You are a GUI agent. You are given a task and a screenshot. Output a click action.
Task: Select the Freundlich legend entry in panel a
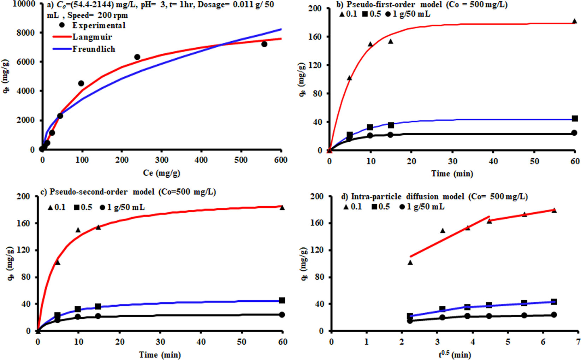click(x=94, y=49)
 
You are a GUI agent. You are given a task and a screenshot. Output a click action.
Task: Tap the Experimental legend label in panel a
click(x=99, y=25)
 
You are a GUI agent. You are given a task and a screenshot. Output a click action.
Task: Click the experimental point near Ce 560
click(x=264, y=44)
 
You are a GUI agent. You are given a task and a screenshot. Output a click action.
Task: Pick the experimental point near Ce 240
click(x=137, y=57)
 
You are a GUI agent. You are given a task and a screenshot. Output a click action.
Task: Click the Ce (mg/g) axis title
click(x=161, y=173)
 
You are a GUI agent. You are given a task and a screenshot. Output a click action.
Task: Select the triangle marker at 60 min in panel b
click(x=574, y=21)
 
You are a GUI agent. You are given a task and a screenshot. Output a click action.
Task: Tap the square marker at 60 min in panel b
click(x=575, y=119)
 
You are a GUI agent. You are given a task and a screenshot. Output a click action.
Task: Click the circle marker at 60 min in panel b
click(x=574, y=133)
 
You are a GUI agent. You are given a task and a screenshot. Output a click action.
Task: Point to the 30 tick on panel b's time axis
click(x=452, y=161)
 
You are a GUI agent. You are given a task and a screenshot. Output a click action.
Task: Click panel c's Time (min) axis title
click(x=160, y=354)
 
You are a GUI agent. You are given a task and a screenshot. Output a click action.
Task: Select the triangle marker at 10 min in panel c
click(x=78, y=230)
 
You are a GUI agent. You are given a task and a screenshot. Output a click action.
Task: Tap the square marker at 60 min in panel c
click(x=282, y=300)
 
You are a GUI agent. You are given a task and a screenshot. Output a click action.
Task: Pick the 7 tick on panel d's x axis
click(x=578, y=342)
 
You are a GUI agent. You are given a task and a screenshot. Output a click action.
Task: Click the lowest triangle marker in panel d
click(x=410, y=262)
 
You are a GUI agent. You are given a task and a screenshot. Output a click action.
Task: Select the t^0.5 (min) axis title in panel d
click(x=455, y=354)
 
